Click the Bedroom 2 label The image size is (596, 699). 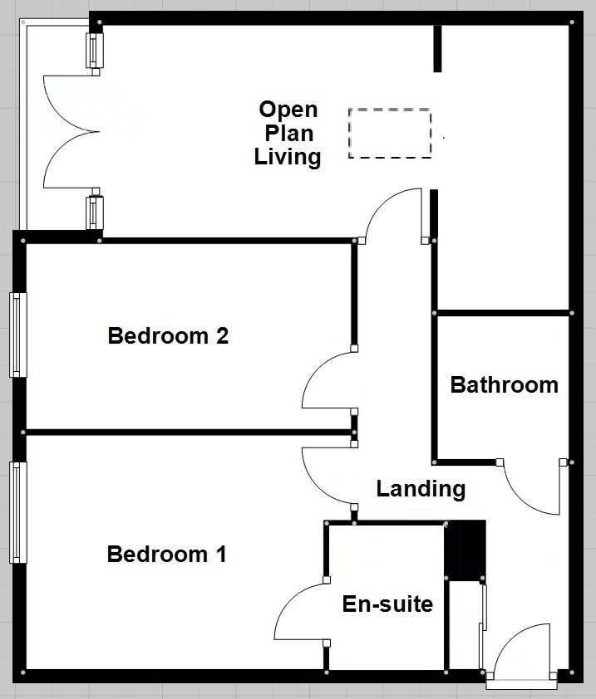(x=168, y=336)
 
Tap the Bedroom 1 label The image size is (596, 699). (x=166, y=554)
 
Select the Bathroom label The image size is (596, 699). (x=504, y=384)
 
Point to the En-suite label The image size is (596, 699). (x=387, y=604)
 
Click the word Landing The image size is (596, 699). (x=421, y=488)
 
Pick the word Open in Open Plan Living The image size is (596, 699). (x=288, y=110)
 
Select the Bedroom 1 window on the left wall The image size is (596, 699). (x=17, y=512)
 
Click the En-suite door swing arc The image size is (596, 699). (x=299, y=614)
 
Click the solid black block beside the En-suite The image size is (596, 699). (x=465, y=550)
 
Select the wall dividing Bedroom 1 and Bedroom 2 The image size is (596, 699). (x=187, y=432)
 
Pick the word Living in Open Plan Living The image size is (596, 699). (x=288, y=157)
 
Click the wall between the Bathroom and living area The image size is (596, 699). (x=502, y=313)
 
